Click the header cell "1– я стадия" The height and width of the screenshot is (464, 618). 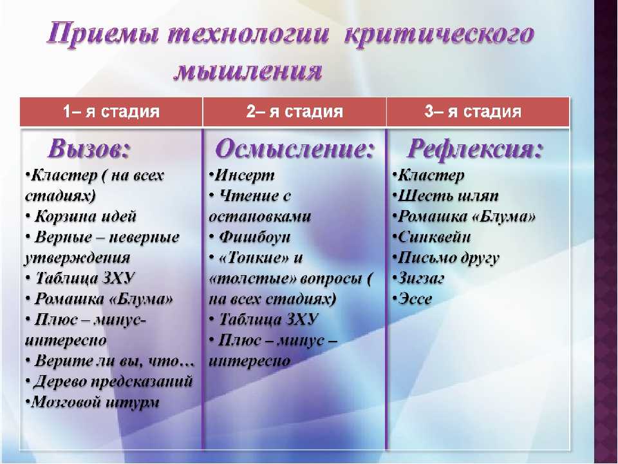[x=111, y=111]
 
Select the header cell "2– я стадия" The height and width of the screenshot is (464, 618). [x=294, y=111]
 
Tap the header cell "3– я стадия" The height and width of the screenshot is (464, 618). [x=478, y=111]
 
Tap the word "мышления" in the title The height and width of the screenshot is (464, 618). [x=248, y=71]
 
